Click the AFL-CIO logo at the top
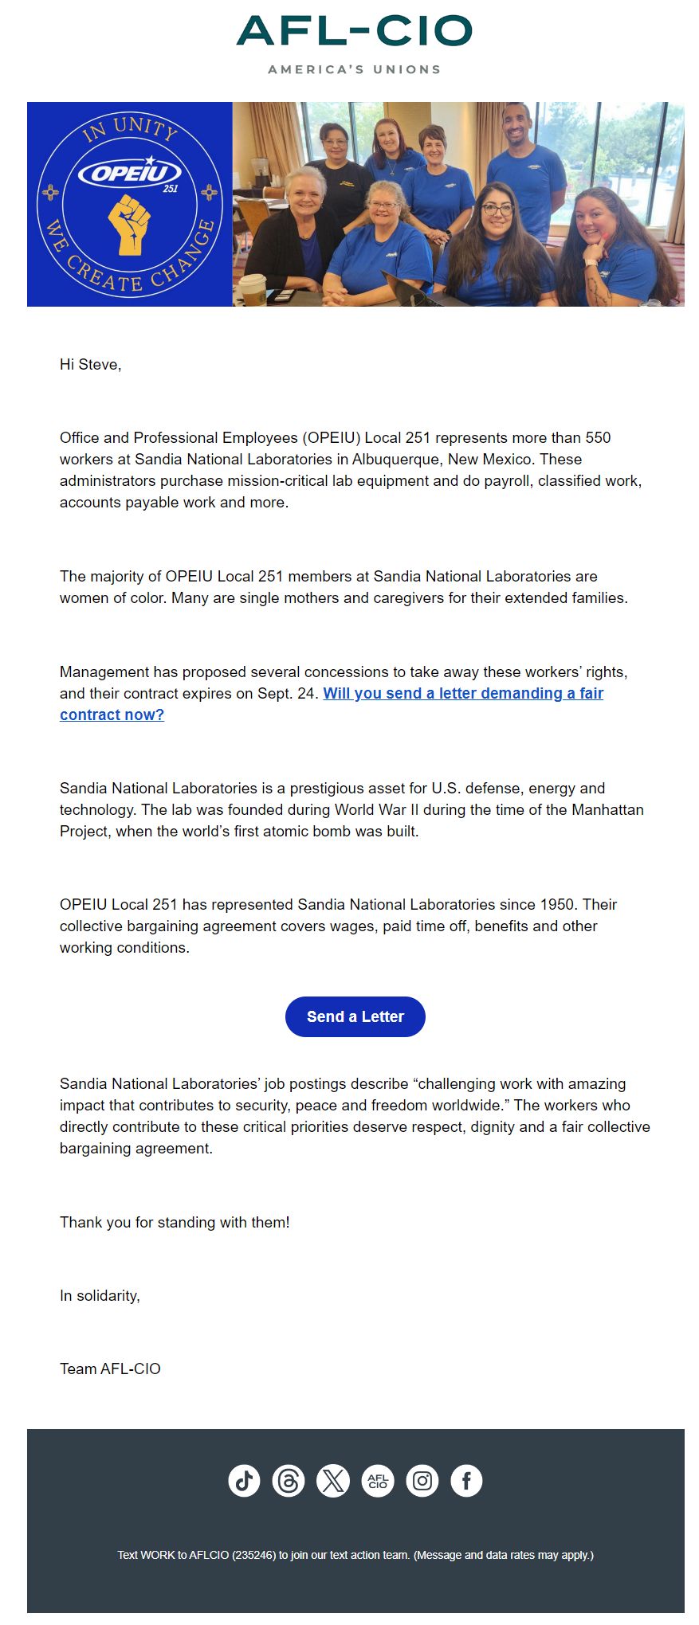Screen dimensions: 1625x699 355,32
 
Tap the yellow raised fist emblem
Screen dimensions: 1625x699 129,224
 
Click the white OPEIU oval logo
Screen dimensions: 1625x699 129,172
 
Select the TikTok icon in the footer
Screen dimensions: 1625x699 244,1481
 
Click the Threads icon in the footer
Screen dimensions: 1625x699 289,1481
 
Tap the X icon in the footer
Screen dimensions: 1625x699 333,1481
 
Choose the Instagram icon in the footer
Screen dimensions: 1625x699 422,1481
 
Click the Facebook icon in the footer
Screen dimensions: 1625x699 467,1481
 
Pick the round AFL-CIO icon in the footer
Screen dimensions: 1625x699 378,1481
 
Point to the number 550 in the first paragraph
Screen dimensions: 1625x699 598,438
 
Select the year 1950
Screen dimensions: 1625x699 556,905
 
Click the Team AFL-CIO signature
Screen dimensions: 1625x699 110,1369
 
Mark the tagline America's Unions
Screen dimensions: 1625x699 355,69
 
